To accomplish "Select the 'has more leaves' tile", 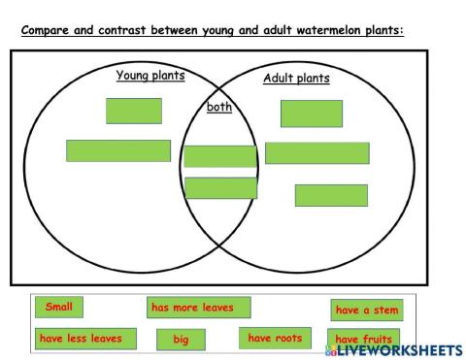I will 198,308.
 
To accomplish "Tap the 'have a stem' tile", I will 366,311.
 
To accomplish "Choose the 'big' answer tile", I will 182,340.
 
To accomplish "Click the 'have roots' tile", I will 275,339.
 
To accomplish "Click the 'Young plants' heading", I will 150,75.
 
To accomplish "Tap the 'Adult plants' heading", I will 296,79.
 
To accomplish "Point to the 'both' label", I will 219,107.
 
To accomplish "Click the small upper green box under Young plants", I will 134,111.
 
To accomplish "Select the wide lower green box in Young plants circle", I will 118,150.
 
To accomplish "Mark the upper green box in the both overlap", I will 220,156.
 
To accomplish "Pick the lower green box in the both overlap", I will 220,187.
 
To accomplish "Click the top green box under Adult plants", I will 311,114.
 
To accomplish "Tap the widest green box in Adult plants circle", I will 316,153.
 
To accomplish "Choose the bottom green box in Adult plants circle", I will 331,195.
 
